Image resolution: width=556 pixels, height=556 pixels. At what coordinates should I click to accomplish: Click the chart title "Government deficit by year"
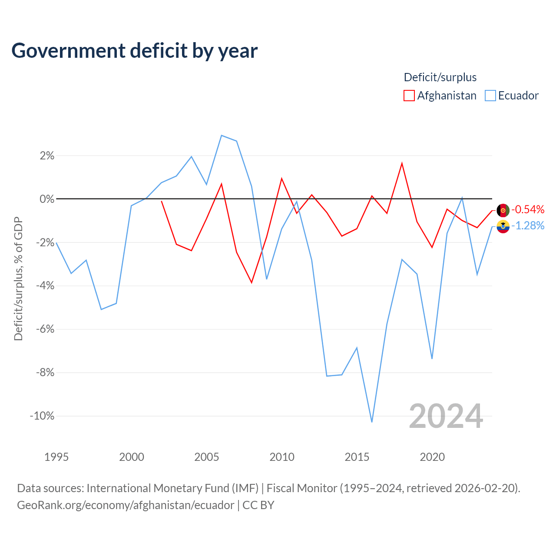coord(134,51)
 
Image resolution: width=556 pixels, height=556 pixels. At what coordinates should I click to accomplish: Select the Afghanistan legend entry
coord(440,96)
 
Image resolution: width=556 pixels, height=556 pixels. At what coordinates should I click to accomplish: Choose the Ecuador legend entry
coord(512,96)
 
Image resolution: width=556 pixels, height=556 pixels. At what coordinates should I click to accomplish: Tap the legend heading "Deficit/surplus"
coord(440,77)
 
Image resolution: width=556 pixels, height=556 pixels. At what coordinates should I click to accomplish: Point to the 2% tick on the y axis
coord(47,156)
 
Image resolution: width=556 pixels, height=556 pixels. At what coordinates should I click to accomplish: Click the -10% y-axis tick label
coord(42,416)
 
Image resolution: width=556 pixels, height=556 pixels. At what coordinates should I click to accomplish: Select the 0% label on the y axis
coord(47,199)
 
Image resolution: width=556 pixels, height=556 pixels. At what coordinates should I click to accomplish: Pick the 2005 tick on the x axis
coord(207,457)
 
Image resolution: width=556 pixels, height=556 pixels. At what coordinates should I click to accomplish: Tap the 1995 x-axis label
coord(56,457)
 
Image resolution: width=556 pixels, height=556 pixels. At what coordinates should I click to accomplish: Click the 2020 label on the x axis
coord(432,457)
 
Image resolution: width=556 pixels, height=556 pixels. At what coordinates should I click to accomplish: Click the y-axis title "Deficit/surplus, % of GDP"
coord(19,279)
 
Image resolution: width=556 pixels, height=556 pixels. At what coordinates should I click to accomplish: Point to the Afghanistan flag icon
coord(503,210)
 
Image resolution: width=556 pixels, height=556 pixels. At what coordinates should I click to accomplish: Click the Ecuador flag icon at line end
coord(503,226)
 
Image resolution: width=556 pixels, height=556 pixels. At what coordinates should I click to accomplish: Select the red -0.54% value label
coord(528,209)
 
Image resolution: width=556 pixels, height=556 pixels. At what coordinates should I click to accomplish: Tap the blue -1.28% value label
coord(528,225)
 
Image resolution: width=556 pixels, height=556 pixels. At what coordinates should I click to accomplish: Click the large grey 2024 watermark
coord(446,416)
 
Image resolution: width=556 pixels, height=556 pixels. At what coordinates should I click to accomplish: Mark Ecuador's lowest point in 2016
coord(372,422)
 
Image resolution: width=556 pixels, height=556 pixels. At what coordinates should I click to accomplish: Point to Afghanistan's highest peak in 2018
coord(402,164)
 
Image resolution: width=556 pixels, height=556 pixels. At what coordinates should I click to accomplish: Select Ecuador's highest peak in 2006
coord(221,136)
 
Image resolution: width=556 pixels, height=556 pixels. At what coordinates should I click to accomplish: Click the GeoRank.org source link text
coord(126,505)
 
